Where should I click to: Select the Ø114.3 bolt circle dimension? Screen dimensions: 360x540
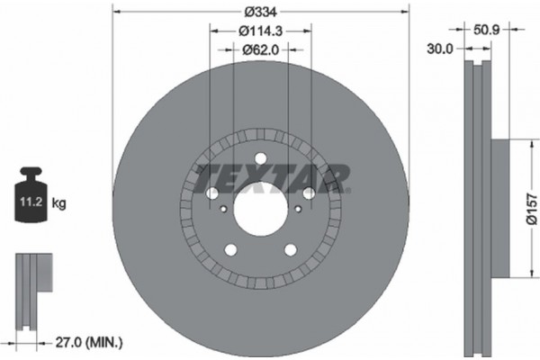pyautogui.click(x=261, y=31)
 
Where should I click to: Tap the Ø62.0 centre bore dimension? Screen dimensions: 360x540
pyautogui.click(x=261, y=50)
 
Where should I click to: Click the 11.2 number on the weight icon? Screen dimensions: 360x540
pyautogui.click(x=26, y=204)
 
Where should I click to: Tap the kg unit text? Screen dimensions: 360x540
pyautogui.click(x=59, y=204)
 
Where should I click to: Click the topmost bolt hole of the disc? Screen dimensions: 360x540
pyautogui.click(x=259, y=161)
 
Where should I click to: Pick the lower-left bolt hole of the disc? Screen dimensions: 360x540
pyautogui.click(x=229, y=250)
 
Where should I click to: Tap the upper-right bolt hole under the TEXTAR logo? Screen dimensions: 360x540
pyautogui.click(x=308, y=193)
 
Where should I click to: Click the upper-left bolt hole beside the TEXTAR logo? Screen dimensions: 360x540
pyautogui.click(x=211, y=193)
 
